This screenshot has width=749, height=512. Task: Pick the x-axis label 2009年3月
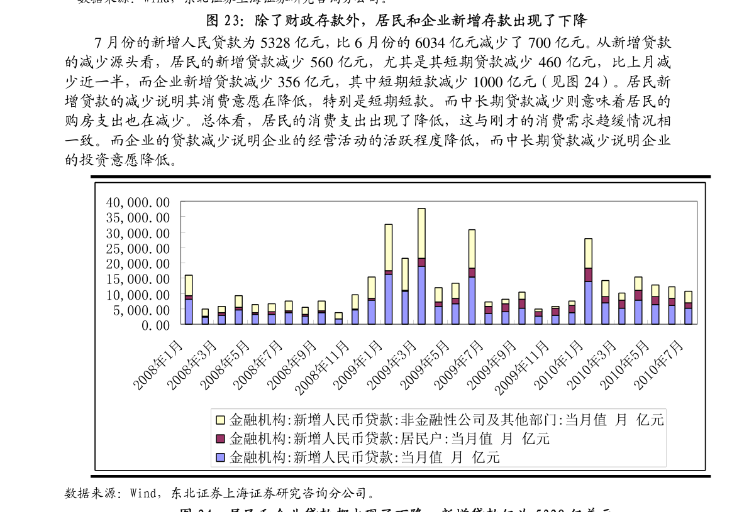click(x=392, y=362)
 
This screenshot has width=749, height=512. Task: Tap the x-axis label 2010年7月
click(x=660, y=362)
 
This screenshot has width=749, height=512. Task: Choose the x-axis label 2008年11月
click(x=323, y=366)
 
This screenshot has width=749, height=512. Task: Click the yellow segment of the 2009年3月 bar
click(x=421, y=232)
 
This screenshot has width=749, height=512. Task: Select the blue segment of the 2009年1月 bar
click(x=389, y=299)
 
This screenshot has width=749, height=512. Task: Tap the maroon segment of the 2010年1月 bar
click(x=589, y=275)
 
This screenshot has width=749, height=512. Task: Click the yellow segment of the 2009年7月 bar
click(x=472, y=249)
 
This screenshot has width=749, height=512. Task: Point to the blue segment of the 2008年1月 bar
click(x=189, y=312)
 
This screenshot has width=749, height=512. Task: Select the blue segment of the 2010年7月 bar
click(x=689, y=316)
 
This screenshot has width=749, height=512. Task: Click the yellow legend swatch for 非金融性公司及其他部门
click(x=220, y=419)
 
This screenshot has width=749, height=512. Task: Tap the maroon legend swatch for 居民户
click(x=220, y=438)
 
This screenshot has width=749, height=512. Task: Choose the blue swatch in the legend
click(x=220, y=457)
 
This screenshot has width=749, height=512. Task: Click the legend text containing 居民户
click(x=390, y=438)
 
